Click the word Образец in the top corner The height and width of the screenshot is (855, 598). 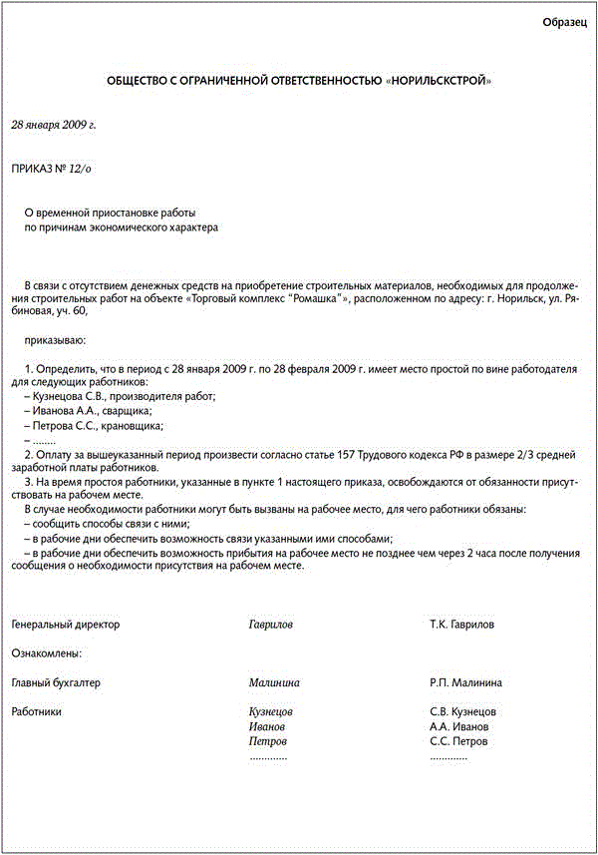[x=565, y=22]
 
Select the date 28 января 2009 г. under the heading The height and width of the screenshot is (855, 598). [x=53, y=126]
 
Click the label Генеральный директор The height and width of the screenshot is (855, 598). [x=65, y=625]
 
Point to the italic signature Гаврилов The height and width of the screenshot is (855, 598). [x=271, y=625]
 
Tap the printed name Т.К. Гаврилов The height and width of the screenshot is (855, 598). [x=461, y=625]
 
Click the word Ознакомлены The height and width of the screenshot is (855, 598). [x=46, y=653]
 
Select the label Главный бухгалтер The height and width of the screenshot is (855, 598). [x=56, y=683]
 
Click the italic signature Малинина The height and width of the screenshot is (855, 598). [x=274, y=683]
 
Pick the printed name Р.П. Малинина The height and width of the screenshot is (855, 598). [x=465, y=683]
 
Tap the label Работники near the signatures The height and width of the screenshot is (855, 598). [x=36, y=712]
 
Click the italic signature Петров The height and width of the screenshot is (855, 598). [x=268, y=742]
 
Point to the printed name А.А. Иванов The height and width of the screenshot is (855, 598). [x=459, y=727]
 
